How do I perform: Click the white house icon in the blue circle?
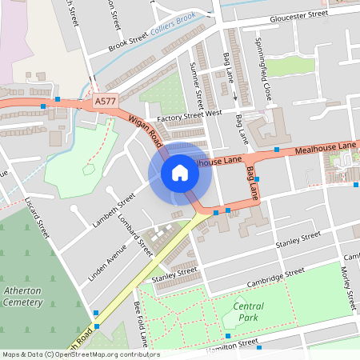click(x=180, y=173)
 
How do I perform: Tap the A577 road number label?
click(x=105, y=102)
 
